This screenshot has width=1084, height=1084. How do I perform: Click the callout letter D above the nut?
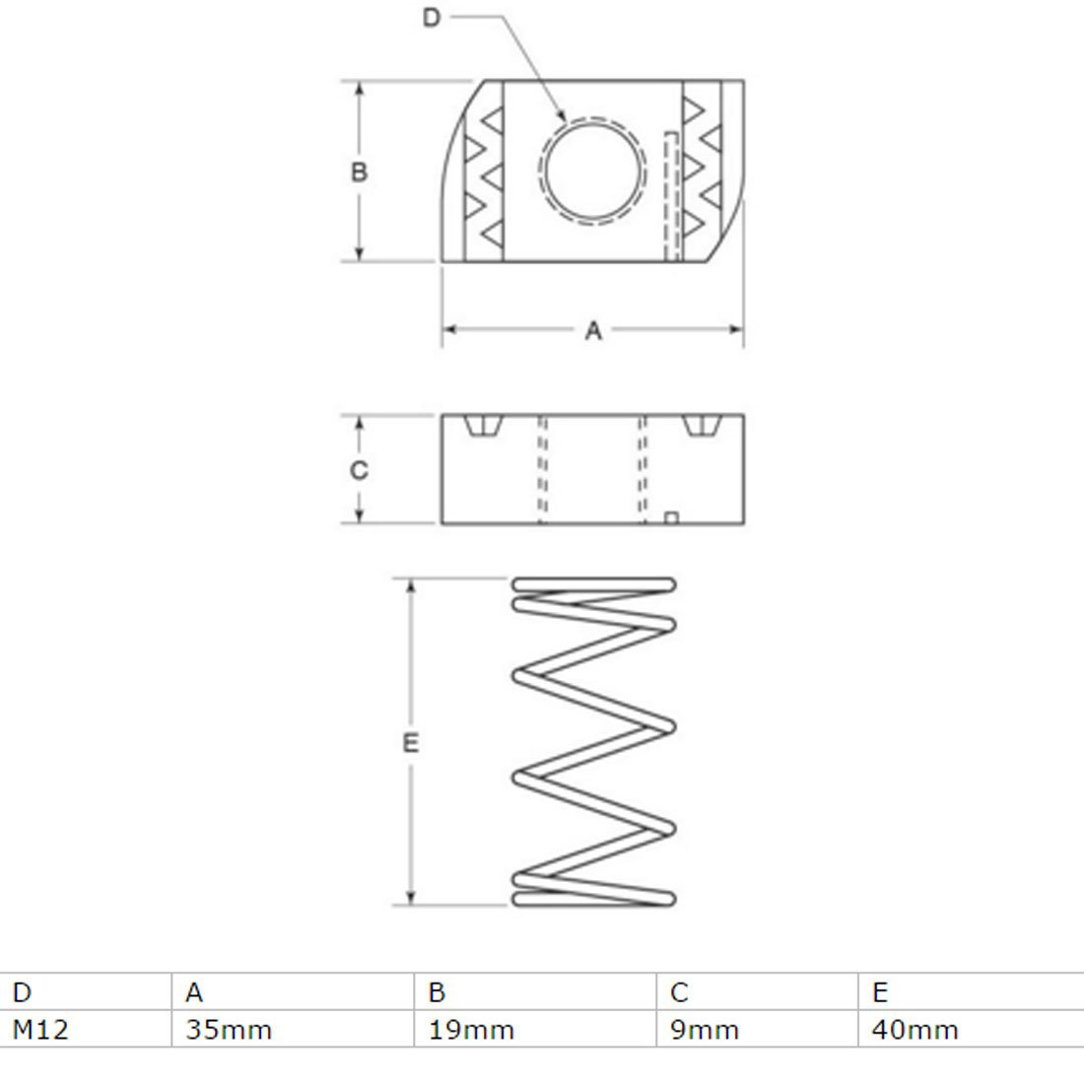point(432,18)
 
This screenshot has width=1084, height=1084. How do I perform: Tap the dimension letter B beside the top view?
point(359,171)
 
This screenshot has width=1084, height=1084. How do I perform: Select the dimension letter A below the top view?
point(593,331)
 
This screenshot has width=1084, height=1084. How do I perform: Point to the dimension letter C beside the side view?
point(359,470)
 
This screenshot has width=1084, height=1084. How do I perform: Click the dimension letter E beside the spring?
point(411,742)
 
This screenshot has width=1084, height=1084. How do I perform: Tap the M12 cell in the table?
point(40,1030)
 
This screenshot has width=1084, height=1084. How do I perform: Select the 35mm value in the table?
point(229,1030)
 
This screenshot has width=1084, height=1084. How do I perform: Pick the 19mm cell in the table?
point(471,1030)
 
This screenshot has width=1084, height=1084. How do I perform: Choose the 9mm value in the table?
point(705,1030)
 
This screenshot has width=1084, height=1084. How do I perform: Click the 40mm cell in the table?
point(915,1030)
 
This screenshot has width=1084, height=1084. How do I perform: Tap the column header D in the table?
point(22,992)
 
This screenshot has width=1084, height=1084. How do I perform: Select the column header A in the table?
point(194,992)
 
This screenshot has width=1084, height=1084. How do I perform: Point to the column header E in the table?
point(880,992)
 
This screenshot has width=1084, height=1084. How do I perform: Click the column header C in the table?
point(679,992)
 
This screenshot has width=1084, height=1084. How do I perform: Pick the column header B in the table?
point(437,992)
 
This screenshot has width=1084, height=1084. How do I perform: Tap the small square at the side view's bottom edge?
point(670,517)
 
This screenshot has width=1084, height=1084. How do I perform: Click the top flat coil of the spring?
point(594,584)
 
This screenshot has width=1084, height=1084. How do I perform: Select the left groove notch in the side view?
point(483,425)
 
